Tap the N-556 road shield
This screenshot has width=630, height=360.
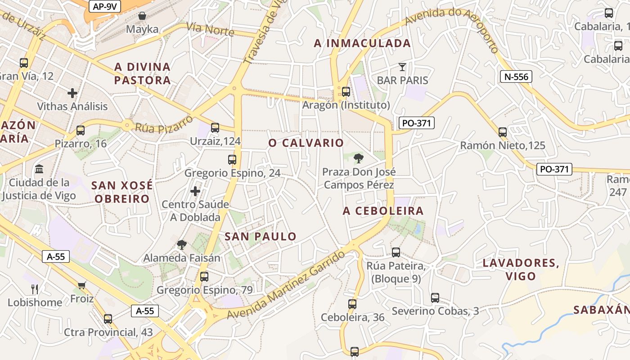(x=516, y=76)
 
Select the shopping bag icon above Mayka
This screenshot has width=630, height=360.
(x=142, y=16)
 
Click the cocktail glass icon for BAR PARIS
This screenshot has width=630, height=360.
(x=402, y=67)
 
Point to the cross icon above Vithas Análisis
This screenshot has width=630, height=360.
(x=72, y=93)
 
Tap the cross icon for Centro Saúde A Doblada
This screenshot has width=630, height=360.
(x=195, y=191)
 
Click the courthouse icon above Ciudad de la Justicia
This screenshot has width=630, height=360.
(x=39, y=170)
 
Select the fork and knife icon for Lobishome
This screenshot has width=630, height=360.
(x=35, y=289)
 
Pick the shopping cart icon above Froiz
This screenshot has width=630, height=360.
(x=82, y=285)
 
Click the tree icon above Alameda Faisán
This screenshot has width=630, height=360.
(x=182, y=245)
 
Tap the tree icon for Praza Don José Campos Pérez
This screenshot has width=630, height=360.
(x=359, y=158)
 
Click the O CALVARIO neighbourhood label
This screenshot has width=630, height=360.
(x=306, y=143)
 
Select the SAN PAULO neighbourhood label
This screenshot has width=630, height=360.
(x=261, y=236)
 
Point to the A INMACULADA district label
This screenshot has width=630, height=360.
(x=362, y=43)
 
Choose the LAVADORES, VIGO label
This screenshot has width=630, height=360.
(x=521, y=270)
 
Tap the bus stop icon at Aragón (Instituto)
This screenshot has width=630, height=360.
(x=346, y=92)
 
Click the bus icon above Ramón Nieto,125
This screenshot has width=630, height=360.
(x=503, y=132)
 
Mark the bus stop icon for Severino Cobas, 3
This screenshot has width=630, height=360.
(x=435, y=298)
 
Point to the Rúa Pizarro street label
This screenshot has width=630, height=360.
(x=164, y=124)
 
